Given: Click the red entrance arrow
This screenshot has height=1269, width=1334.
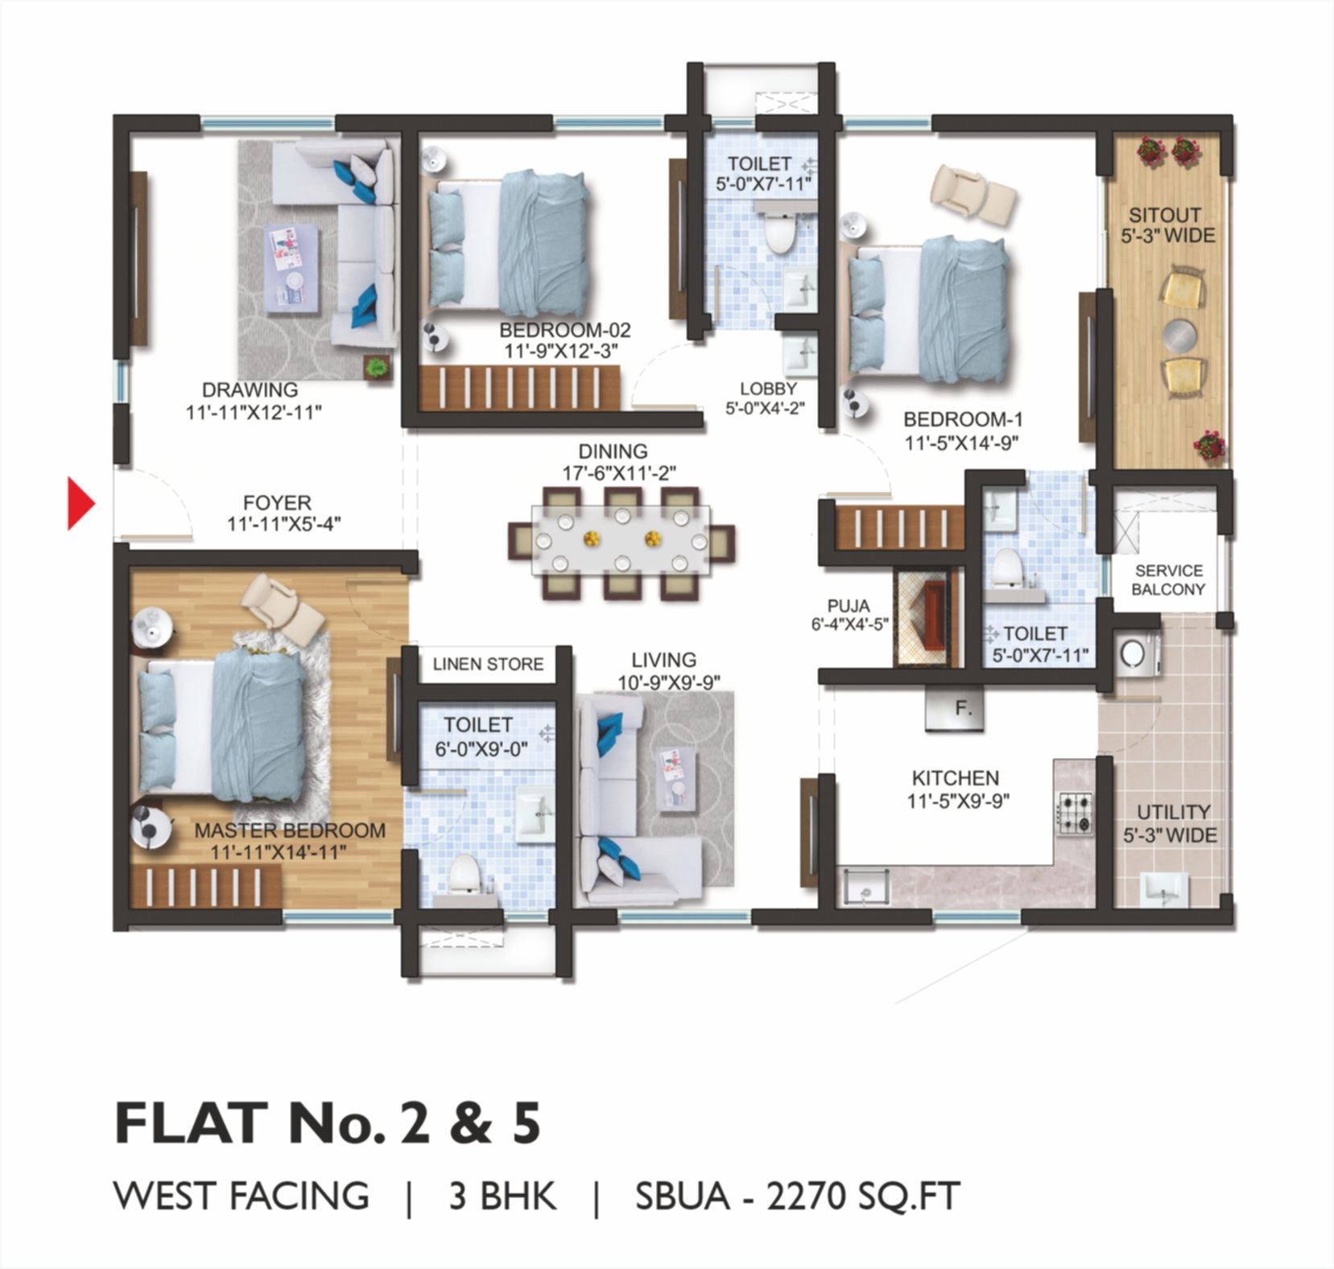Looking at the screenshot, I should [80, 505].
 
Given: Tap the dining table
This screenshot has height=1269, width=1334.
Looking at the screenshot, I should [621, 540].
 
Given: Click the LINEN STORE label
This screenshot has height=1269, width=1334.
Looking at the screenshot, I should [488, 665].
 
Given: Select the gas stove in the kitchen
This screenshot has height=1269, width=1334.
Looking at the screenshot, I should [1076, 814].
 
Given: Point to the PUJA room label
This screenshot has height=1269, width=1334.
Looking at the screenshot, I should [848, 606].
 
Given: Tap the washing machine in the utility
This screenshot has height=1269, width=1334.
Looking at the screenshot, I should [1137, 653].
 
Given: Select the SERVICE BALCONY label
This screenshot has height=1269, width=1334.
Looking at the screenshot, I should [1168, 580].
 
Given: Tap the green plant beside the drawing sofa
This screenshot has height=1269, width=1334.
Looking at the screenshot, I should [376, 367].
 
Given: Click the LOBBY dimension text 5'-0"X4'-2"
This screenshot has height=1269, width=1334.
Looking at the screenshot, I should [765, 408].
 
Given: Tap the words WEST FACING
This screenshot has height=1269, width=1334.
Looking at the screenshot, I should [242, 1197].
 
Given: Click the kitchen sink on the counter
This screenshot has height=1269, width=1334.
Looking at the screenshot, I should [864, 888].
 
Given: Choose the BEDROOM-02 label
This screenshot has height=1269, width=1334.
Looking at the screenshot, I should [564, 330].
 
